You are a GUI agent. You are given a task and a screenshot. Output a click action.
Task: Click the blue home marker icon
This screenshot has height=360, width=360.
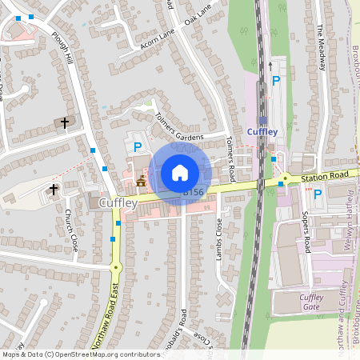pyautogui.click(x=180, y=172)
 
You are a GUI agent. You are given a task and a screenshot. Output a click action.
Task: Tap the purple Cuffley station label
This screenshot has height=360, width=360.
pyautogui.click(x=262, y=131)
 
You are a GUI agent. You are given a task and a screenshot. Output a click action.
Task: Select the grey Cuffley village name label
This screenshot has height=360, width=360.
pyautogui.click(x=118, y=203)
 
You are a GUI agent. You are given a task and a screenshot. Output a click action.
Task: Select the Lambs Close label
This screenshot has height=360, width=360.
pyautogui.click(x=219, y=236)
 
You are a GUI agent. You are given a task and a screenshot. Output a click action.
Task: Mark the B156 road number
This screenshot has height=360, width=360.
pyautogui.click(x=194, y=192)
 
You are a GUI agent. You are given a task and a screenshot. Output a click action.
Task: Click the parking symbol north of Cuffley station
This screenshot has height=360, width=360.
pyautogui.click(x=276, y=80)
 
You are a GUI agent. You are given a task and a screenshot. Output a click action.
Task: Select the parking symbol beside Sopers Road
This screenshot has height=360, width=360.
pyautogui.click(x=317, y=194)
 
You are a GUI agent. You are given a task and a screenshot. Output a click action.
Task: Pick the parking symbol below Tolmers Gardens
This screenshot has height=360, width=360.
pyautogui.click(x=138, y=146)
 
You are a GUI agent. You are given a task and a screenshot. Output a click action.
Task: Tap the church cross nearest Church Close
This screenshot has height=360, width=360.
pyautogui.click(x=54, y=190)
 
